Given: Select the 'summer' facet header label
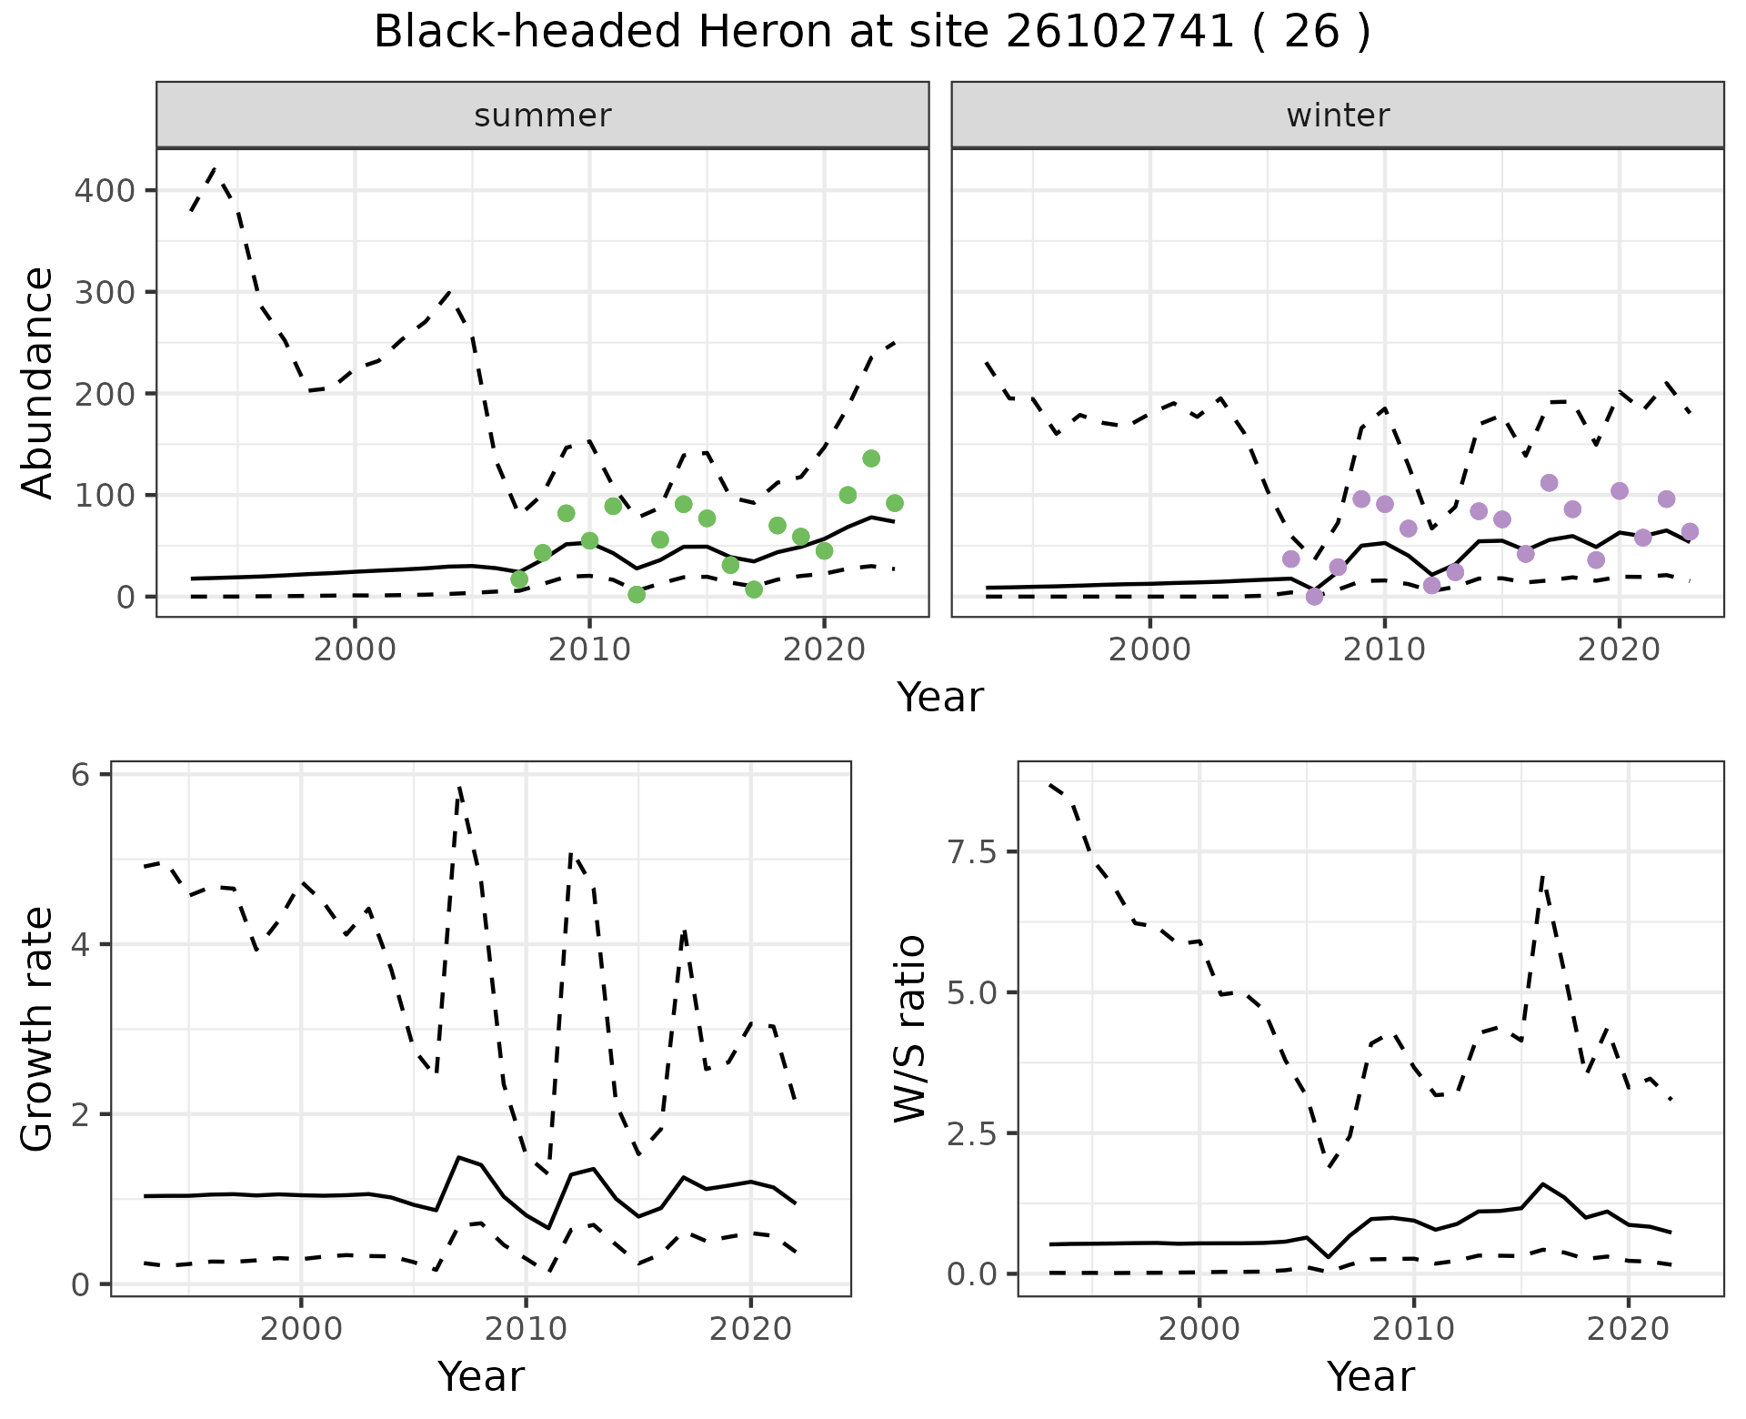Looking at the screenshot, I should pyautogui.click(x=542, y=116).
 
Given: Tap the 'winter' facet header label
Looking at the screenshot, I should pyautogui.click(x=1337, y=116).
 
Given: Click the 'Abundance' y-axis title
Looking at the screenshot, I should pyautogui.click(x=37, y=382).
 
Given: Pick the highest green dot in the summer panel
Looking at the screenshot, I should pyautogui.click(x=870, y=458).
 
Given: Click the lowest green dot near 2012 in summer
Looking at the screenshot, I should pyautogui.click(x=637, y=595).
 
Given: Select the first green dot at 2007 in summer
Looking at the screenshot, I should pyautogui.click(x=519, y=579).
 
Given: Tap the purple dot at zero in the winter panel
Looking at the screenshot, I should pyautogui.click(x=1314, y=597).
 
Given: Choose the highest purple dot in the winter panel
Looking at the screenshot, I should pyautogui.click(x=1549, y=483).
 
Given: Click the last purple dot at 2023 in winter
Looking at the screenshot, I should pyautogui.click(x=1690, y=532).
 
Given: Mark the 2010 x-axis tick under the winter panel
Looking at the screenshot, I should pyautogui.click(x=1384, y=649).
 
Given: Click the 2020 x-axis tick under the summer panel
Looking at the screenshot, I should pyautogui.click(x=823, y=649).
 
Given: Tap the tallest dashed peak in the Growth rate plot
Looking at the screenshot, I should pyautogui.click(x=460, y=786).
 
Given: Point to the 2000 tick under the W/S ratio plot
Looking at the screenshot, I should pyautogui.click(x=1199, y=1329).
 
